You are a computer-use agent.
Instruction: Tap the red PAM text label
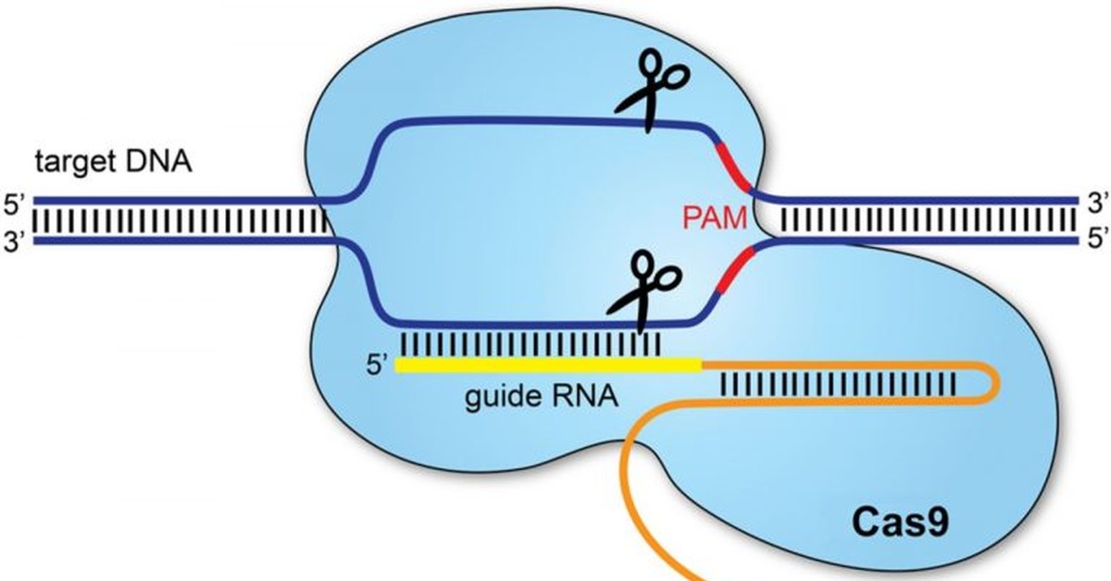pos(715,219)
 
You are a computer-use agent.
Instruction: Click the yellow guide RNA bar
pos(546,365)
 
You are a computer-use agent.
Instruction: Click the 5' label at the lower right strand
pos(1095,240)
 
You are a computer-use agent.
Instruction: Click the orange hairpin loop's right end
pos(996,381)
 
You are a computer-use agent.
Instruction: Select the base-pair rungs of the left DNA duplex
pos(181,220)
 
